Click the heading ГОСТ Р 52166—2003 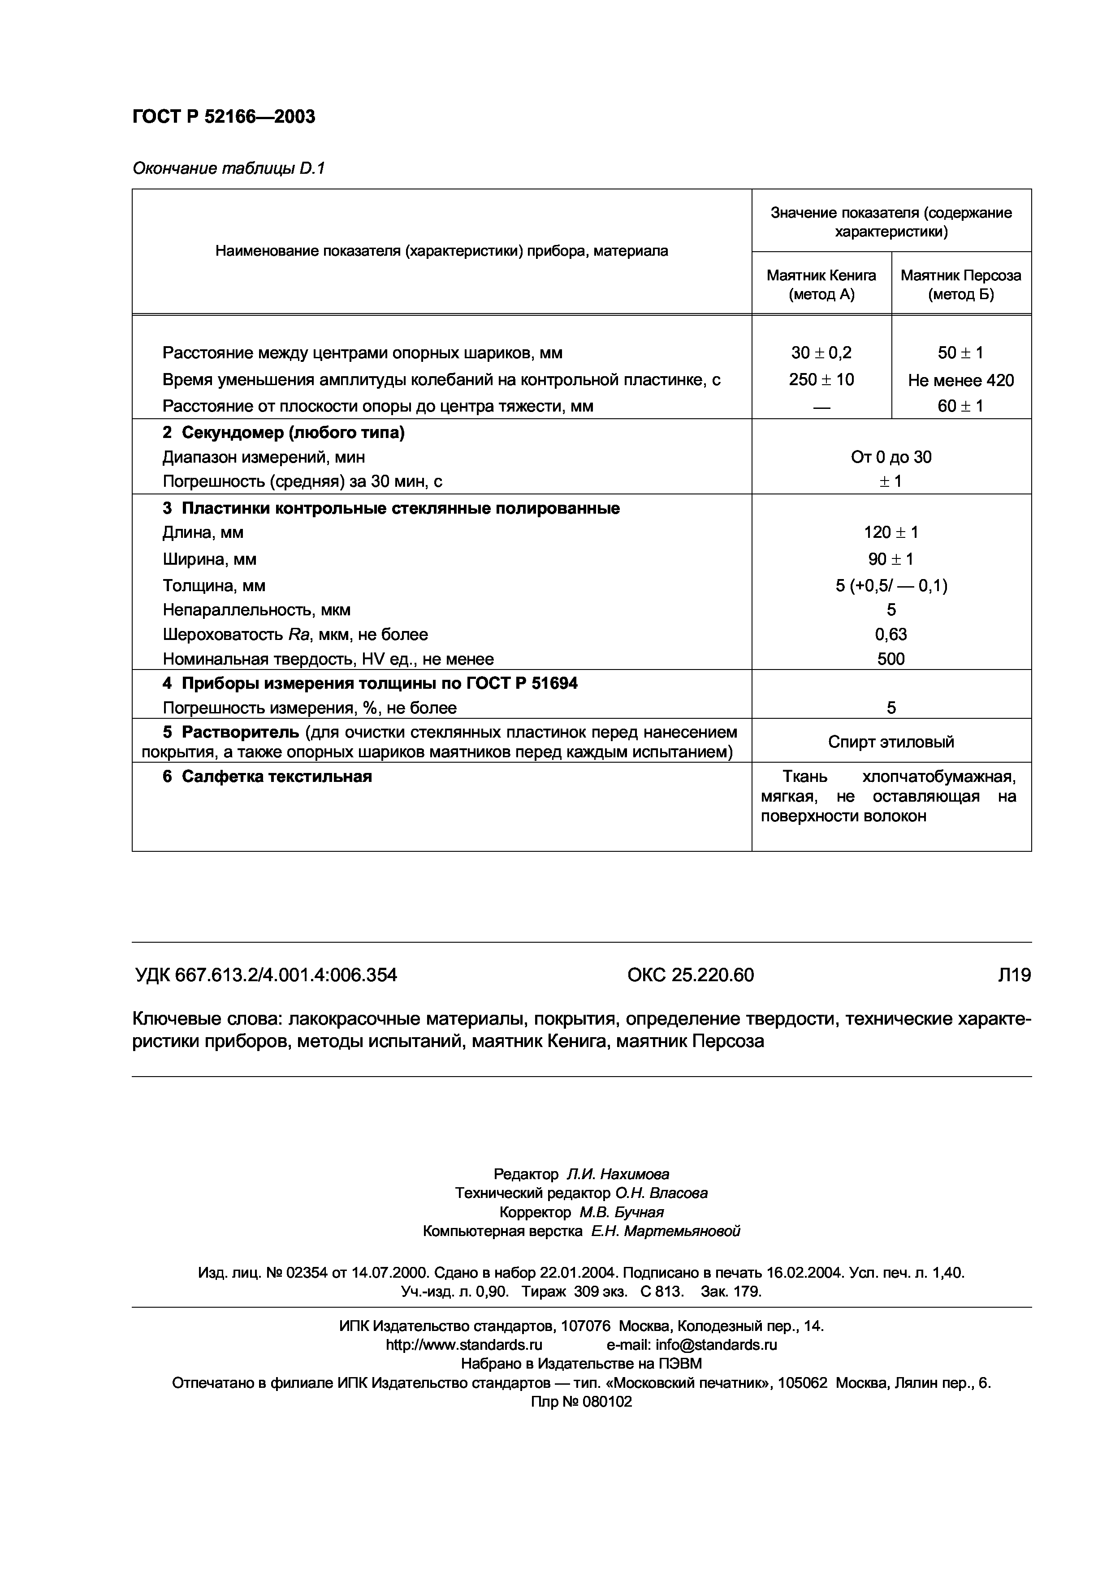(x=223, y=117)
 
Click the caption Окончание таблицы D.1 (x=228, y=168)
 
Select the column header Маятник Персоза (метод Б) (x=960, y=285)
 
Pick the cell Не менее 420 (x=960, y=380)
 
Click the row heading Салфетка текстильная (x=276, y=777)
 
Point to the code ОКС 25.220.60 (x=690, y=975)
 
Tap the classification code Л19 (x=1014, y=975)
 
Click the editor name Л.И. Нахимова (x=618, y=1175)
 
